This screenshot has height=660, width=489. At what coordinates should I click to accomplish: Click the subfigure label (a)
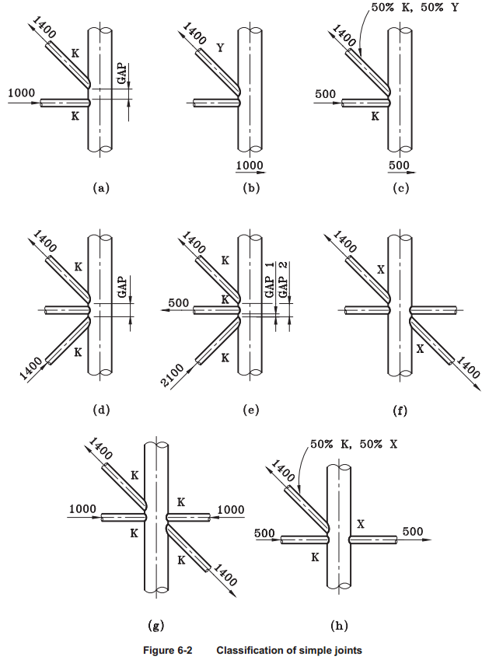click(99, 187)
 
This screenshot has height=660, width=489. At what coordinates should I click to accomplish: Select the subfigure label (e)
click(250, 410)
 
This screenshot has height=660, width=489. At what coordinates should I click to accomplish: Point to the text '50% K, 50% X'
click(355, 444)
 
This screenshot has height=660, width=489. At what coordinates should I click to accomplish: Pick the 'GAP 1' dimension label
click(269, 281)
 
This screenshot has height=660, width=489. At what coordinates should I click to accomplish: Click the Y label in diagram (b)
click(220, 48)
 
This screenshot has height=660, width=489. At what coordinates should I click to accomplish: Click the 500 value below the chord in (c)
click(399, 166)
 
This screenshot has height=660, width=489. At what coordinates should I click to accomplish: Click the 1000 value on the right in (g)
click(230, 510)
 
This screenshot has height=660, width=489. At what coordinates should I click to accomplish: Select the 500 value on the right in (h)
click(413, 532)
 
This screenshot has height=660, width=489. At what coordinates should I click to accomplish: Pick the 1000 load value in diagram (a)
click(22, 93)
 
